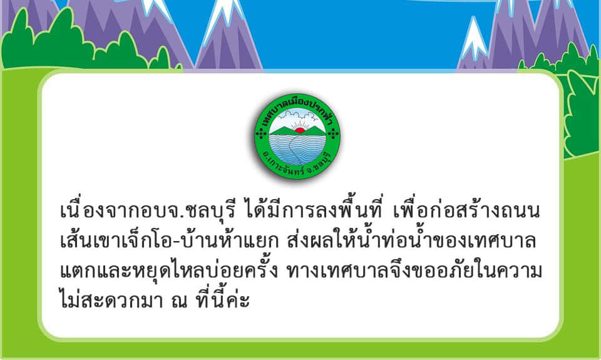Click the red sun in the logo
(x=300, y=130)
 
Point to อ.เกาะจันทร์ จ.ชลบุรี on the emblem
(x=297, y=164)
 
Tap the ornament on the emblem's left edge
(x=260, y=133)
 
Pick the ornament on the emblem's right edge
(x=334, y=133)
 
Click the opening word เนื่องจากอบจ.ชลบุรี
(x=148, y=210)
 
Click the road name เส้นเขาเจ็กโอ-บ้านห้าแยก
(x=170, y=239)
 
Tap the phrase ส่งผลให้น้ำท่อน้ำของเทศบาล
(x=411, y=239)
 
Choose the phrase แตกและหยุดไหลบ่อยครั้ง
(x=168, y=269)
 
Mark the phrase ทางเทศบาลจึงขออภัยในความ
(x=414, y=270)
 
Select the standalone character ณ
(x=180, y=301)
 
